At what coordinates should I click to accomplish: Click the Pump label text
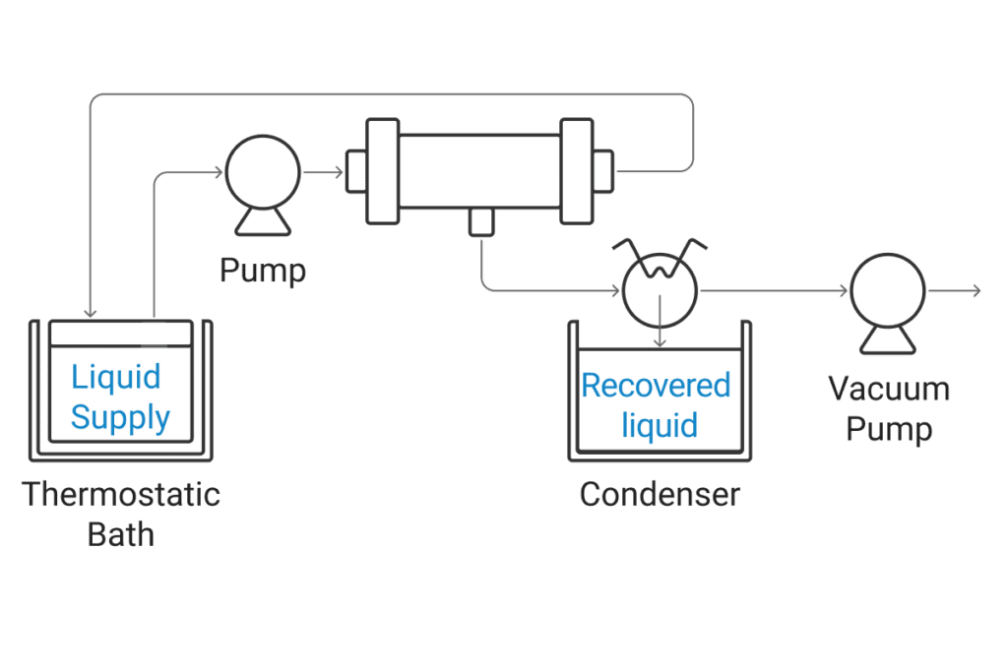click(x=262, y=270)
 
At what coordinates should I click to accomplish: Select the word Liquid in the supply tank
click(x=115, y=377)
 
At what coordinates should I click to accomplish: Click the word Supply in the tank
click(x=120, y=417)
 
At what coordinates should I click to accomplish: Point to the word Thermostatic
click(x=121, y=494)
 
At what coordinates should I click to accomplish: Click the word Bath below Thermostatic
click(x=121, y=534)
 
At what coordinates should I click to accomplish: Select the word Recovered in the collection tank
click(x=656, y=385)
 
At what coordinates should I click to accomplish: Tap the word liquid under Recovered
click(x=659, y=425)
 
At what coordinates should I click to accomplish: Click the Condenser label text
click(x=659, y=494)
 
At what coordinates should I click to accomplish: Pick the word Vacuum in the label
click(x=889, y=389)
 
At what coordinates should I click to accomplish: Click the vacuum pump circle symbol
click(x=888, y=291)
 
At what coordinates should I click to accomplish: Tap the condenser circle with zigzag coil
click(x=660, y=290)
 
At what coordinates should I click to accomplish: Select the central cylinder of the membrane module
click(x=479, y=172)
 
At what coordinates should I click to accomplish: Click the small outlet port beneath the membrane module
click(x=481, y=222)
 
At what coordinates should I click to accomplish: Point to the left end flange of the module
click(x=381, y=171)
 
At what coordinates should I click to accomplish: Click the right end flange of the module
click(x=577, y=171)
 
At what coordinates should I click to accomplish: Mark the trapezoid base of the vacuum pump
click(x=888, y=340)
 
